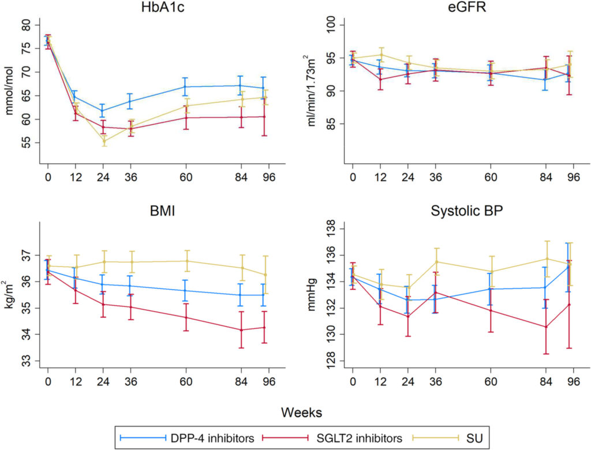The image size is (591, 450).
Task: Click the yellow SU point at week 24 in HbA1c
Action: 103,141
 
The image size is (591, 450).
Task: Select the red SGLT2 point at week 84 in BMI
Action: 241,330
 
